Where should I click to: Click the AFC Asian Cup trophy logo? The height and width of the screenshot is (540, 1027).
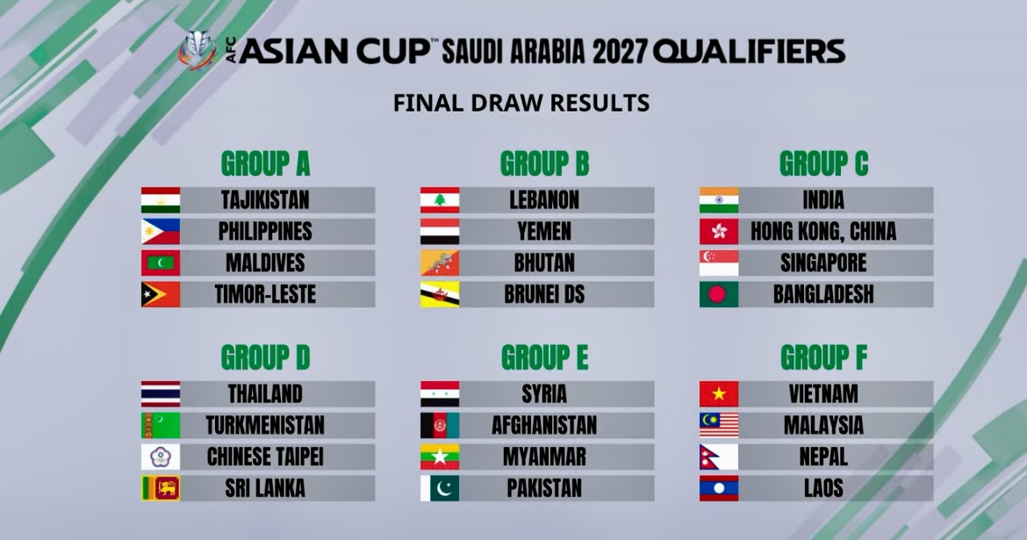click(x=198, y=50)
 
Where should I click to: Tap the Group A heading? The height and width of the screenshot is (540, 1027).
click(x=265, y=164)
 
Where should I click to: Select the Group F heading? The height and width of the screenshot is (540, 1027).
click(x=823, y=358)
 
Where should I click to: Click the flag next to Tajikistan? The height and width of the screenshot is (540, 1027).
click(x=161, y=200)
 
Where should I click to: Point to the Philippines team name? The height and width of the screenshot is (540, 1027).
click(x=265, y=231)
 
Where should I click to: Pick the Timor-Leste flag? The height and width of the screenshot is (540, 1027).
click(x=161, y=294)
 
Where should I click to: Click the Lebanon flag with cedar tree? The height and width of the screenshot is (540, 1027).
click(x=440, y=200)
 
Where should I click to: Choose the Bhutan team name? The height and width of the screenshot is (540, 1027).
click(x=544, y=263)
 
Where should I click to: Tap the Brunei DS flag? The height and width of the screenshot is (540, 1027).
click(x=440, y=294)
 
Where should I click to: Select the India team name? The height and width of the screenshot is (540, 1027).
click(x=823, y=200)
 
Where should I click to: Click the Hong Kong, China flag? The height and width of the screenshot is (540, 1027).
click(x=719, y=231)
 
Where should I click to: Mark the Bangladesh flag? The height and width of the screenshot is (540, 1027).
click(x=719, y=294)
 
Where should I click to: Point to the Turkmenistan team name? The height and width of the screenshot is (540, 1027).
click(x=265, y=425)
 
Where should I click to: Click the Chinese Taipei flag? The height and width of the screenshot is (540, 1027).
click(x=161, y=457)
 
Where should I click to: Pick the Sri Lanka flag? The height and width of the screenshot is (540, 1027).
click(x=161, y=488)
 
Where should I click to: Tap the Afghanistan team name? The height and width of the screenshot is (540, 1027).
click(x=544, y=425)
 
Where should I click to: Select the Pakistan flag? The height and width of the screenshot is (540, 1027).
click(x=440, y=488)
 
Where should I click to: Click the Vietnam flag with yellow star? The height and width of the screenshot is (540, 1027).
click(x=719, y=394)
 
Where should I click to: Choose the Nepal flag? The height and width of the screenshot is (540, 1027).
click(x=719, y=457)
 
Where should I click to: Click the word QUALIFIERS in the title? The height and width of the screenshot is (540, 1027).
click(x=750, y=52)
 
